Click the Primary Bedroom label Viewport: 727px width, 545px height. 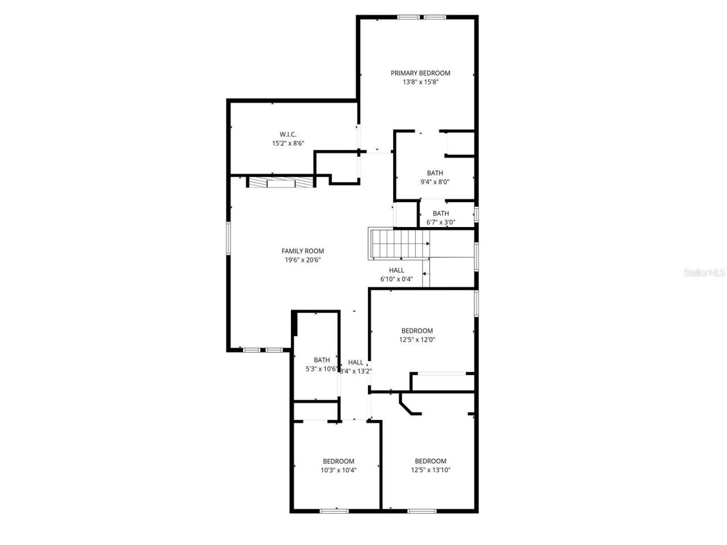point(420,73)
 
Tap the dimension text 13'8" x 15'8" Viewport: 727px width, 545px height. point(420,82)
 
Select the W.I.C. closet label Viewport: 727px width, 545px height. point(288,134)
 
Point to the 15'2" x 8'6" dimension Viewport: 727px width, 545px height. point(288,143)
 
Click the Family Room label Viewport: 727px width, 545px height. point(303,251)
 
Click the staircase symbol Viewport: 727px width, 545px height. point(399,244)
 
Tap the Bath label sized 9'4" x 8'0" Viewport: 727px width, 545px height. point(435,173)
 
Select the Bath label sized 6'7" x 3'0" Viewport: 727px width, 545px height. point(441,213)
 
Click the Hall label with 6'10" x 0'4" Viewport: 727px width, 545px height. point(396,270)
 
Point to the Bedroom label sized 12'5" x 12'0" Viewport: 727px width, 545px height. point(417,331)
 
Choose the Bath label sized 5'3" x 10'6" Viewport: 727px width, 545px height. point(321,360)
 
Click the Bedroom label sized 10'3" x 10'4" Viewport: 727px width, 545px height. point(339,462)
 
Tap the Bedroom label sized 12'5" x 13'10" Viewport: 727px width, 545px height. point(431,461)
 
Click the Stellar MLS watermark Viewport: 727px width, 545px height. point(704,272)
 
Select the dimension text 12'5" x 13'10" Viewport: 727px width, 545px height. point(431,470)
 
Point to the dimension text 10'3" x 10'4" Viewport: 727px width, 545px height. point(339,470)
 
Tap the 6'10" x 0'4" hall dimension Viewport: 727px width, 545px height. point(396,279)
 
